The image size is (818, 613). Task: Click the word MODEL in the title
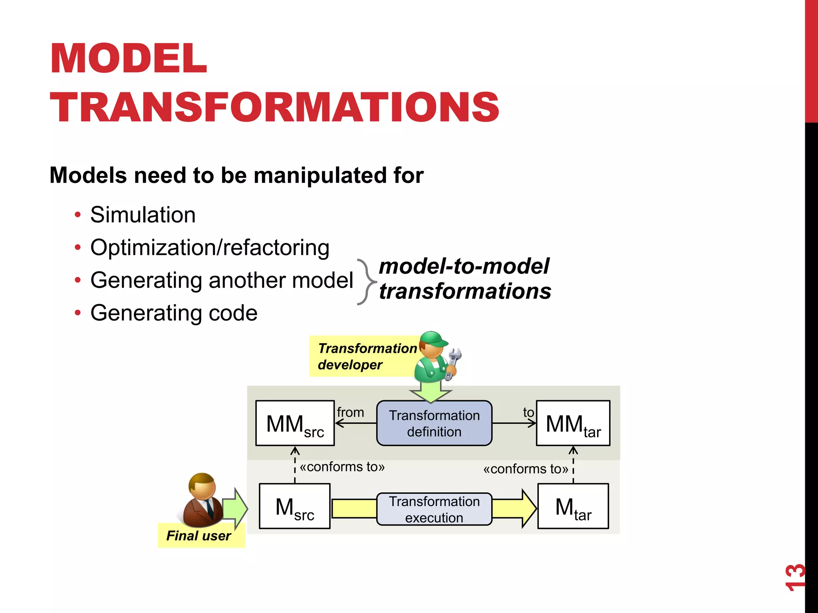pos(128,59)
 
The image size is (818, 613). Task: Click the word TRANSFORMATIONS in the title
pos(274,107)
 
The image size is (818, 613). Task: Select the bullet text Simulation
pos(143,215)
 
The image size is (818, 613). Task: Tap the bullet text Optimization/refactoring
pos(210,247)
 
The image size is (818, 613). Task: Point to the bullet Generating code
pos(174,313)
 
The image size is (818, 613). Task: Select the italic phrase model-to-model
pos(464,266)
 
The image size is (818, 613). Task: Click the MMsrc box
pos(295,423)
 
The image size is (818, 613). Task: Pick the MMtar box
pos(573,423)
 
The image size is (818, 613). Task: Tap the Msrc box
pos(294,506)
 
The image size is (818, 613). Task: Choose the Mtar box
pos(573,506)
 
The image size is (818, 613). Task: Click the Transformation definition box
pos(434,423)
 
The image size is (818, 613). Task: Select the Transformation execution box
pos(434,509)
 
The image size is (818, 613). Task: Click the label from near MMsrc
pos(350,412)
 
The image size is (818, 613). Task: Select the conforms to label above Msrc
pos(342,467)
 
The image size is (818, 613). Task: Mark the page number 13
pos(794,577)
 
